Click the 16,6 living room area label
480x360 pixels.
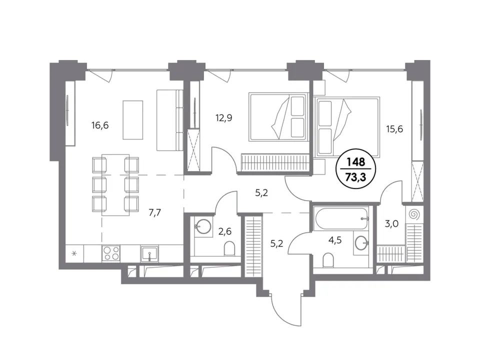tap(100, 125)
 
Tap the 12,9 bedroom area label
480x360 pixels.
tap(224, 118)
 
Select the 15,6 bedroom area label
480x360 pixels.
tap(394, 129)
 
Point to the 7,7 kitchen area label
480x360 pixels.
tap(154, 212)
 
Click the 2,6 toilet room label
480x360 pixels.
tap(224, 231)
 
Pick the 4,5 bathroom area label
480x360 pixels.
tap(335, 240)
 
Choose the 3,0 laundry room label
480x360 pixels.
tap(391, 224)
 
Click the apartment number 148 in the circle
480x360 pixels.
tap(356, 161)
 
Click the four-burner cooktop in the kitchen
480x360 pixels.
tap(111, 253)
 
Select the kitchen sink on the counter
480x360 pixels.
tap(149, 254)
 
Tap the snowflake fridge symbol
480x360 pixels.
tap(74, 253)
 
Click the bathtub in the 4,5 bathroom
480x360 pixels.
tap(340, 218)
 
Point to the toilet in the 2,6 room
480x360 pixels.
tap(229, 249)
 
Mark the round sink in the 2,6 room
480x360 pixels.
tap(202, 227)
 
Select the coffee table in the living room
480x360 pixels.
tap(133, 120)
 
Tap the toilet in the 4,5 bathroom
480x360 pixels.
tap(328, 260)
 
